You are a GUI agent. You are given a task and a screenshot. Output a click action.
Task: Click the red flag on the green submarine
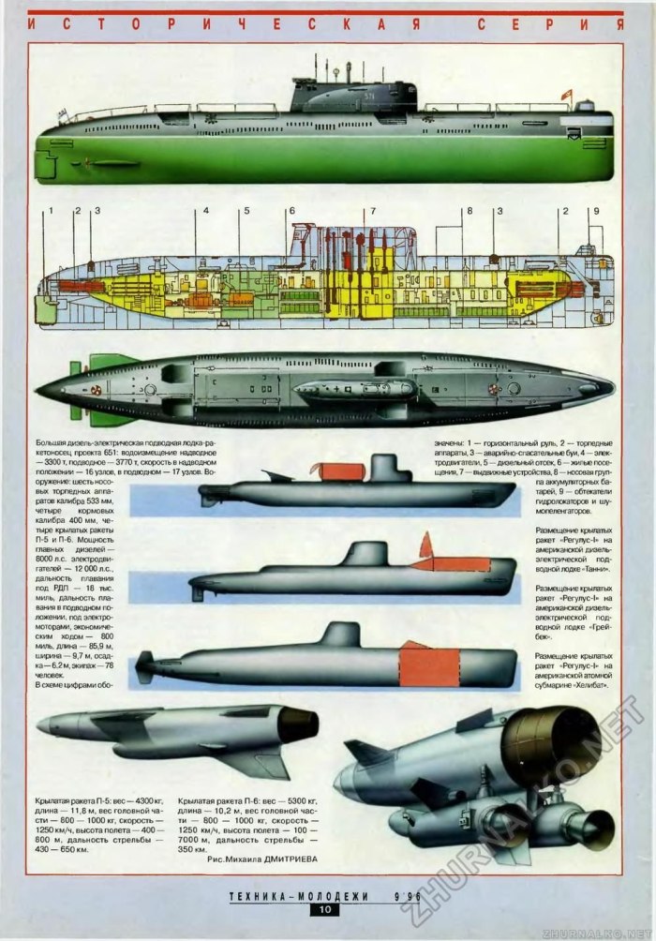tap(565, 94)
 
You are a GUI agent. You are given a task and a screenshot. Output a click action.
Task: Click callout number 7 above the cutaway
tap(373, 211)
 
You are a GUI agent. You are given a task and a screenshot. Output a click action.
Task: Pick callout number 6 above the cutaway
tap(291, 211)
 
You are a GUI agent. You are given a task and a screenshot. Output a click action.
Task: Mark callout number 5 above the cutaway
tap(246, 211)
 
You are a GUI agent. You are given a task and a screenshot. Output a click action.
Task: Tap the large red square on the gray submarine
tap(430, 666)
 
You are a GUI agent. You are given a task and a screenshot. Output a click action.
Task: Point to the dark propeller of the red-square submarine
tap(144, 669)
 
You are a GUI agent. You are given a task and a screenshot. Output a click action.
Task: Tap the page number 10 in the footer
tap(325, 909)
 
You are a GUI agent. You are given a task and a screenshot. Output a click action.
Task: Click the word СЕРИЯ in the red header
tap(553, 23)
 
